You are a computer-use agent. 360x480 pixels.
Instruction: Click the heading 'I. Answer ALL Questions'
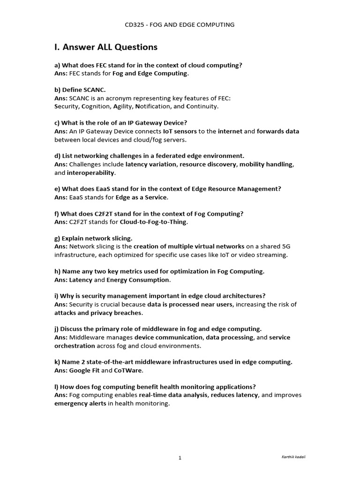[x=106, y=47]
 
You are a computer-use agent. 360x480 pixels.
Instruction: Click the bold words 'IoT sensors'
[x=180, y=131]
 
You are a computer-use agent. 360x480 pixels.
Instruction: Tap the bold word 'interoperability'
[x=91, y=172]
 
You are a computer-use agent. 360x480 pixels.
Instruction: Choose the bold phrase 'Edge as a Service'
[x=141, y=197]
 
